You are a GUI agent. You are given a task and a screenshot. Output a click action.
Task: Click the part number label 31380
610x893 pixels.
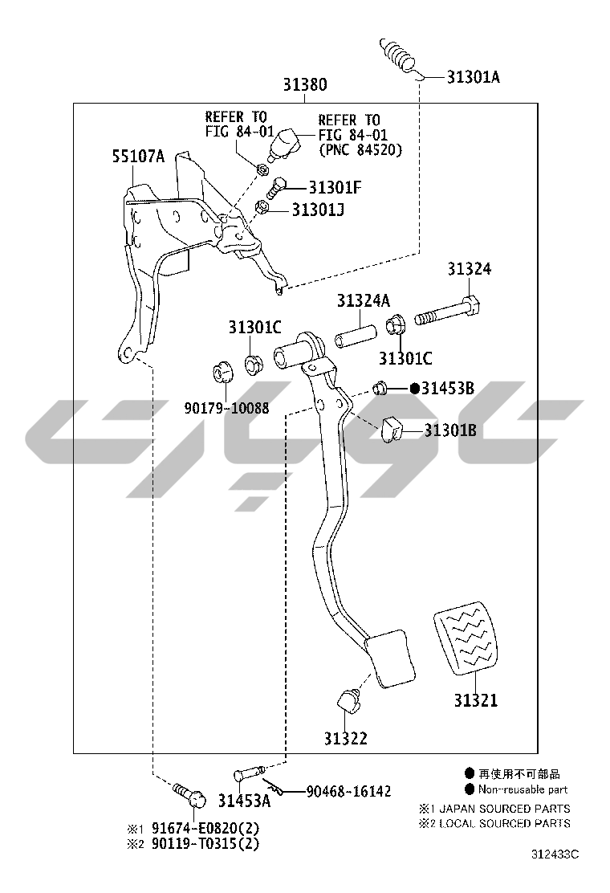tap(305, 85)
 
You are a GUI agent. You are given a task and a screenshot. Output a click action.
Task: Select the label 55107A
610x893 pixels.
tap(138, 156)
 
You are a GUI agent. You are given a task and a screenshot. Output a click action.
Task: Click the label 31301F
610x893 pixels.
tap(335, 187)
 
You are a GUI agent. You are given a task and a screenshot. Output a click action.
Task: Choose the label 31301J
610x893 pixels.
tap(318, 210)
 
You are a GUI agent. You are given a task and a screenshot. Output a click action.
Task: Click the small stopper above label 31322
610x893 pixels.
tap(349, 700)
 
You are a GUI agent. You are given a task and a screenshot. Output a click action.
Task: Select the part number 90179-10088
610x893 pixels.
tap(226, 408)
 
